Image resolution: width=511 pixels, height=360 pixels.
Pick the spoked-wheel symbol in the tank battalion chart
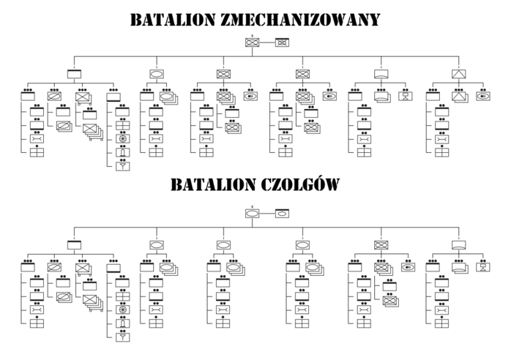pos(122,310)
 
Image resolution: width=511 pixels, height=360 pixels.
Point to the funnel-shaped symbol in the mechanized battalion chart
pos(122,165)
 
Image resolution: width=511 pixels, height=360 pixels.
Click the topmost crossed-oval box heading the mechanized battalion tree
pos(252,42)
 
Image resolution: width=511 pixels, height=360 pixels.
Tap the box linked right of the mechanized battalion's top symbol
pos(282,42)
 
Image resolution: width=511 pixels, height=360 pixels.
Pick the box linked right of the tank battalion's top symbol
pos(282,214)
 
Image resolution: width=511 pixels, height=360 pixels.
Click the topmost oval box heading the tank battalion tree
pos(252,214)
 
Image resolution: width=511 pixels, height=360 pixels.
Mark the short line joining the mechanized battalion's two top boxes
pos(266,42)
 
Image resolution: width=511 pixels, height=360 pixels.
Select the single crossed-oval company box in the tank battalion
pos(381,245)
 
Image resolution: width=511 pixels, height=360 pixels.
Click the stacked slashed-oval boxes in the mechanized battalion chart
pos(64,126)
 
